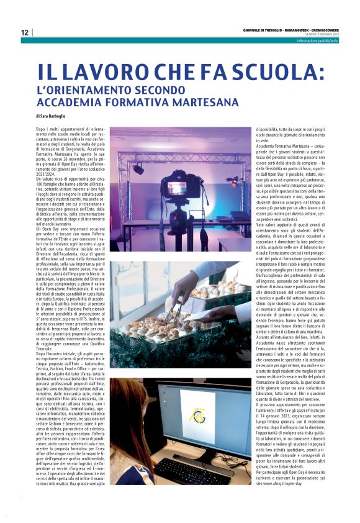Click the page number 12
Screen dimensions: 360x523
pyautogui.click(x=24, y=32)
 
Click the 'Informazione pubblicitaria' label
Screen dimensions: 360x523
pyautogui.click(x=317, y=40)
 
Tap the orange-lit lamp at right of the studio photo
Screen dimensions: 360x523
pyautogui.click(x=234, y=180)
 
